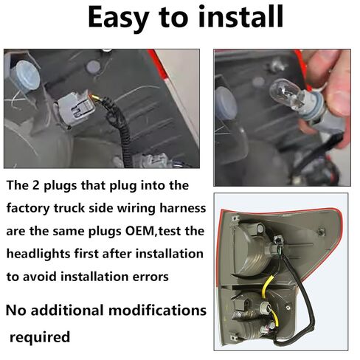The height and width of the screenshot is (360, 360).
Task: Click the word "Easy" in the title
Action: click(x=122, y=18)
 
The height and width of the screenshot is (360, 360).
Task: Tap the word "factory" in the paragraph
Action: click(x=31, y=208)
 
